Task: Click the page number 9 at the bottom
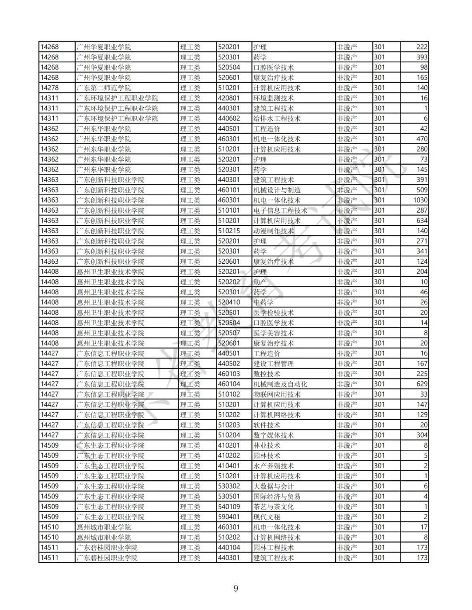236,588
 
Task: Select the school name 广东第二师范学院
104,88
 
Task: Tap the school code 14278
49,88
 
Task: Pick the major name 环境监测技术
274,98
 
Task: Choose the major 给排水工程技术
277,118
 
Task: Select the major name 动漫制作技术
274,231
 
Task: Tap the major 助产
260,282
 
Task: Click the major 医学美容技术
274,333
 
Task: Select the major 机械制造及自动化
280,384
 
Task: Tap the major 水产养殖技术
274,465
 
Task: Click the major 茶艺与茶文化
274,507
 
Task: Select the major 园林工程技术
274,547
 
